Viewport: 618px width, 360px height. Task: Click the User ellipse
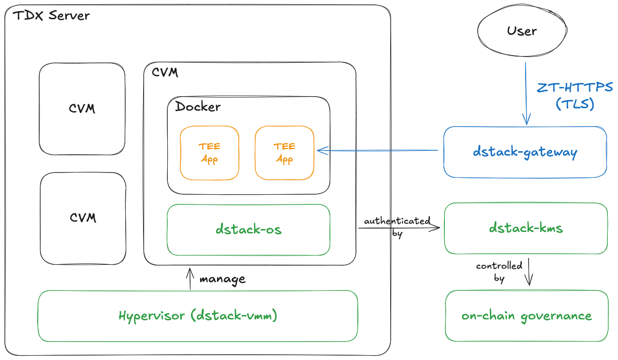522,31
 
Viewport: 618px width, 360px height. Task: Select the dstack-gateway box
525,152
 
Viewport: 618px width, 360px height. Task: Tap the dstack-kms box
526,228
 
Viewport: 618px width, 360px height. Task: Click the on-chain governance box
526,316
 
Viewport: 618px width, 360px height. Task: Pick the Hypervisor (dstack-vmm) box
198,316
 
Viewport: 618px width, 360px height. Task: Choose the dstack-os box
249,229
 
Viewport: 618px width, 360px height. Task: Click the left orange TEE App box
209,153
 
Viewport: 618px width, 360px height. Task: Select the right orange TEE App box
284,153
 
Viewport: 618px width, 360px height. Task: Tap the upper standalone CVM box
82,108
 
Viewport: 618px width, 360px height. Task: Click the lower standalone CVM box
83,217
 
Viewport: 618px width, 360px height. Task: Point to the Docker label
197,107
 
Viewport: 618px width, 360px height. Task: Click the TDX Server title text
51,15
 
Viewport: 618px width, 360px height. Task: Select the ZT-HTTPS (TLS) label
574,96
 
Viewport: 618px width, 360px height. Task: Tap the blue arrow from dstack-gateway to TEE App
377,151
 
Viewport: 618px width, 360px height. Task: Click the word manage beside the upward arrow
222,279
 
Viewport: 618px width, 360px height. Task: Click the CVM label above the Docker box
165,72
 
